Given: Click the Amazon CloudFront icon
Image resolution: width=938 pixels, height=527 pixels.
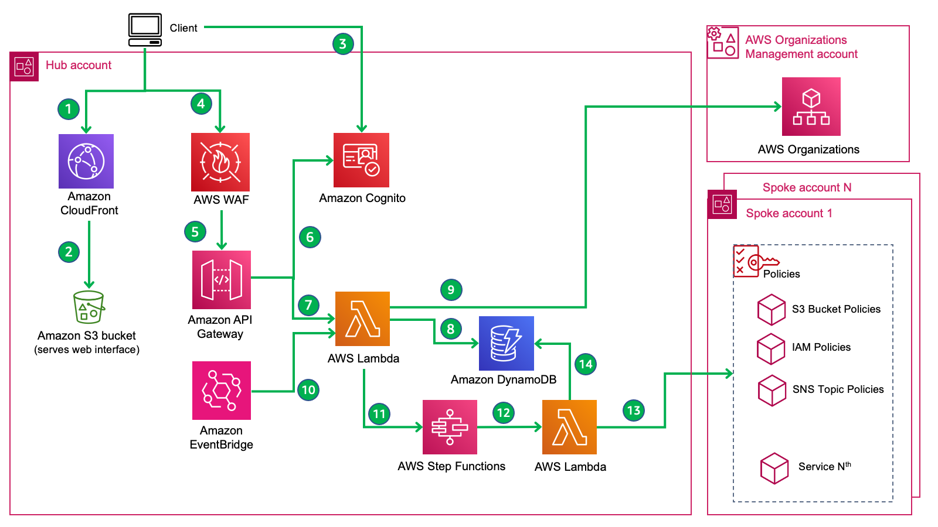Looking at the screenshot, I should (x=86, y=161).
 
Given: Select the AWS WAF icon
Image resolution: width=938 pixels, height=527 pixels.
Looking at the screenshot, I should (x=220, y=162).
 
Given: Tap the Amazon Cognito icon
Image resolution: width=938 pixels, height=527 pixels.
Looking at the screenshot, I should (x=361, y=160).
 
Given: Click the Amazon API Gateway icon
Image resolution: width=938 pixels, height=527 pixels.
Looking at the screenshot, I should (x=222, y=280).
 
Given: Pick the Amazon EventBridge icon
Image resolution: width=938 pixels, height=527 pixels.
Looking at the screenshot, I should (x=222, y=390).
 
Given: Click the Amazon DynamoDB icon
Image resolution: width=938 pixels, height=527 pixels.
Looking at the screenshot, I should (x=506, y=343).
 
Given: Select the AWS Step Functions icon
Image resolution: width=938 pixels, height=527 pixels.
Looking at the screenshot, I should (x=450, y=427).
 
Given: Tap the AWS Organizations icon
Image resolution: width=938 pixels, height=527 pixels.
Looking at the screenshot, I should (x=811, y=107).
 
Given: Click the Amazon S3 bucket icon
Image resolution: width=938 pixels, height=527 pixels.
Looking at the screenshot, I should (x=89, y=307).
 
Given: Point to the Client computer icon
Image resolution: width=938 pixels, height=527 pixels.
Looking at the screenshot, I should (x=145, y=30).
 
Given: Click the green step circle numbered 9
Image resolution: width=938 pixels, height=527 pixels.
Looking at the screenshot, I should (x=451, y=289).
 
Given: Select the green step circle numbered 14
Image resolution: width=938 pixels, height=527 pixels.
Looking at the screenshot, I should (x=585, y=364).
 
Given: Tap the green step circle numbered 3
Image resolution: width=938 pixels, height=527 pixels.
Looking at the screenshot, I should (x=343, y=43).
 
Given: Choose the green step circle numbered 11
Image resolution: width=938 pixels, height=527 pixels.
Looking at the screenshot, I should (x=379, y=413).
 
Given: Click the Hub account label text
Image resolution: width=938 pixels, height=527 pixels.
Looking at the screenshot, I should (x=79, y=65).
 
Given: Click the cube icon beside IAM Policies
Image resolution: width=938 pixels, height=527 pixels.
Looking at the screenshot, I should (x=771, y=348).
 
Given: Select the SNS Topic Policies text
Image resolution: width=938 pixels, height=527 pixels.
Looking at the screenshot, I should (x=838, y=389).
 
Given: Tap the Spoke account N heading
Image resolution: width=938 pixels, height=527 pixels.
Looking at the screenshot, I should (x=807, y=187).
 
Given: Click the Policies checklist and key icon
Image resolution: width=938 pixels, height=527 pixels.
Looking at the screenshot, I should (x=754, y=261).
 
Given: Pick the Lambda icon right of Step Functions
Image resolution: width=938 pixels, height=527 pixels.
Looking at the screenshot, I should (x=569, y=427).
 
